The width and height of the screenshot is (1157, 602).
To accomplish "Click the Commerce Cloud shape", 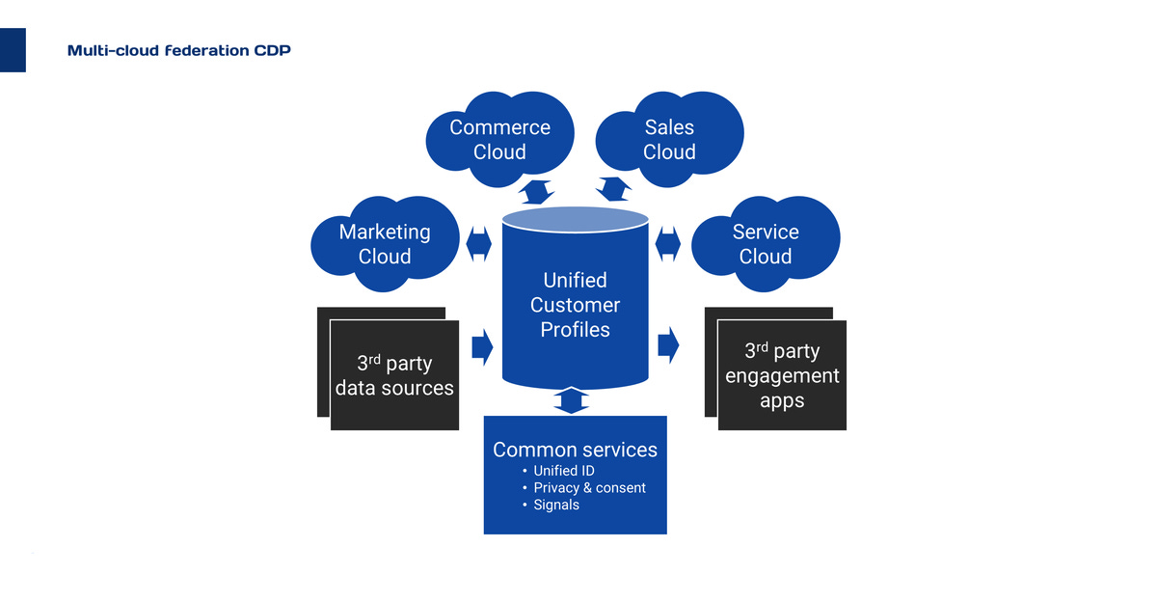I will tap(499, 139).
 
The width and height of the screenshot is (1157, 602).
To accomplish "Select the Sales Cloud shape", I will tap(669, 139).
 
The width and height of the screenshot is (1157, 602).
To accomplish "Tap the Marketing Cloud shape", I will tap(385, 243).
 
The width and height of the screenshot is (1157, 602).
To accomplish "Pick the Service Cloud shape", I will tap(766, 243).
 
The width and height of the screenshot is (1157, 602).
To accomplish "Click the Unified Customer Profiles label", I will tap(575, 305).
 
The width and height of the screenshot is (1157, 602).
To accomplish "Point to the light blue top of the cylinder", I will tap(575, 220).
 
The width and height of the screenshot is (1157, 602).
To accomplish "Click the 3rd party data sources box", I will tap(393, 375).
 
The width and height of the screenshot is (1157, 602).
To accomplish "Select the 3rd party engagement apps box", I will tap(782, 375).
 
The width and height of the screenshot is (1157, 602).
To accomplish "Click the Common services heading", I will tap(575, 450).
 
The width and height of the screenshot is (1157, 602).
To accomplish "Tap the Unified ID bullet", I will tap(563, 471).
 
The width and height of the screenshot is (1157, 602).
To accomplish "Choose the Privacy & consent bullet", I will tap(589, 488).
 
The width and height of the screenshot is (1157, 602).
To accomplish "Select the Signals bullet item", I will tap(556, 505).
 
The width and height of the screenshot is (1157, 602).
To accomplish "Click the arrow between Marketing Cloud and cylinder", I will tap(479, 243).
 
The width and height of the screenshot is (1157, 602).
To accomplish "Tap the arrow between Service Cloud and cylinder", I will tap(668, 243).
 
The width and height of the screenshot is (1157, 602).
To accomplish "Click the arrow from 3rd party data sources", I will tap(482, 345).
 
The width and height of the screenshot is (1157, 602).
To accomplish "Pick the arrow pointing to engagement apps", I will tap(668, 345).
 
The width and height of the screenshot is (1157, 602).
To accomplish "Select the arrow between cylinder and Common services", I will tap(573, 400).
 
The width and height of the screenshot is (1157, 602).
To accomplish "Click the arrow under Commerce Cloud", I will tap(535, 191).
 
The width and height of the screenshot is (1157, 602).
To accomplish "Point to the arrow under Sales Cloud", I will tap(613, 188).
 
